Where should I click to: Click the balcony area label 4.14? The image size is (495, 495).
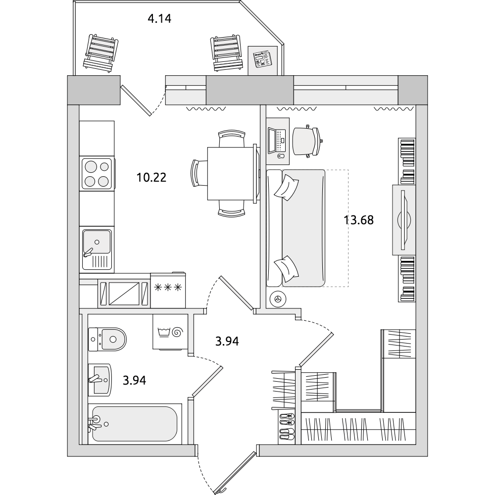point(159,19)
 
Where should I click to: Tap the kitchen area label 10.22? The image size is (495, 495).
point(151,177)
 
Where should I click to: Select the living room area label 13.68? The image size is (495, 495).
point(358,220)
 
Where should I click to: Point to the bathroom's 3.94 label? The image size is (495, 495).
point(135,380)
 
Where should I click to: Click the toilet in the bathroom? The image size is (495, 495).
point(107,340)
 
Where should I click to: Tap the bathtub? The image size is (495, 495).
point(135,424)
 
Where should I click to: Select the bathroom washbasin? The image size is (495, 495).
point(100,380)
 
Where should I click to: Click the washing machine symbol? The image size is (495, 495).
point(170,332)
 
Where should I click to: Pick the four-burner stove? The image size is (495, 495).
point(97,174)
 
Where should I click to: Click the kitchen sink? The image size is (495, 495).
point(97,249)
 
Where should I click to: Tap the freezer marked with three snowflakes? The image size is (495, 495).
point(168,290)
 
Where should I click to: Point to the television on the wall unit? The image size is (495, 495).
point(404,219)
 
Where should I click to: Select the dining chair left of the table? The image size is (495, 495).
point(199,174)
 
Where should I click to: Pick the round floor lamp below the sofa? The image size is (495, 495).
point(278,298)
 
